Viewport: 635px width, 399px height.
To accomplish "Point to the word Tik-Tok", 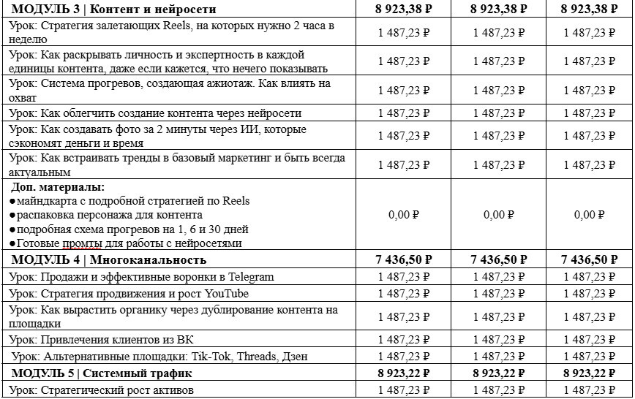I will pos(199,357).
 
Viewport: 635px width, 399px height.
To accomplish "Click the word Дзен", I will pos(295,357).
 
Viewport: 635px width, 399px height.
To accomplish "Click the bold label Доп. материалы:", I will pos(58,187).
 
